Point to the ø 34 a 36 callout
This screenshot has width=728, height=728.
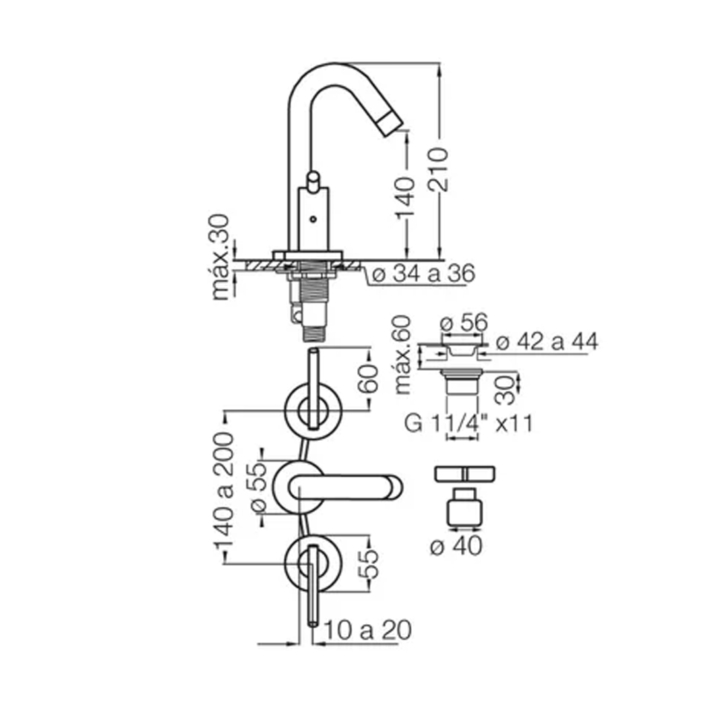pos(423,274)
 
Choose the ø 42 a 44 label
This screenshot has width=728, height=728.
pos(547,342)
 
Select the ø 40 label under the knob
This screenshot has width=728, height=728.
pos(456,546)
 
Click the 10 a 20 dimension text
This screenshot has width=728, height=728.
pos(367,630)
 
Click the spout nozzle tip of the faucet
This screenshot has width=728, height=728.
pos(390,125)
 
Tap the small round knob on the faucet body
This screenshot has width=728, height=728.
pos(312,179)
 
